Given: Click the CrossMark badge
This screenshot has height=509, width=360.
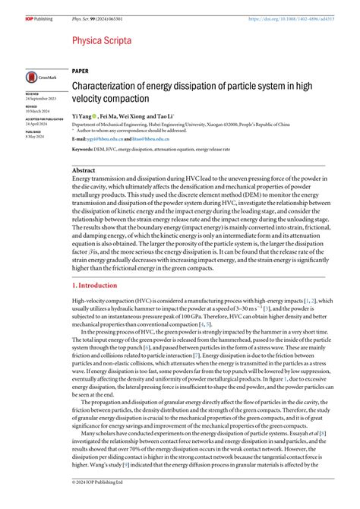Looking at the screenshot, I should pos(39,77).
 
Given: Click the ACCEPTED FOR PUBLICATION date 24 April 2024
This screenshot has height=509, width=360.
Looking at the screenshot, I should pos(37,124).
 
